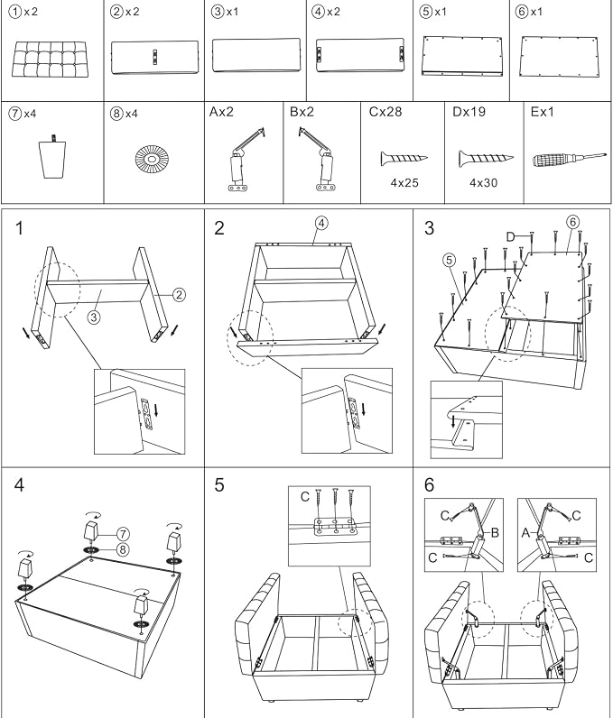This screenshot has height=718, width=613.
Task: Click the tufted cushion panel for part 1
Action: click(x=50, y=60)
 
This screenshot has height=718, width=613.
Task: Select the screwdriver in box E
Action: click(x=569, y=160)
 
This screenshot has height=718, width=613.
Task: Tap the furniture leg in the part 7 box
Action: click(x=52, y=156)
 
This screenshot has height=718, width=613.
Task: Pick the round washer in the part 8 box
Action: click(x=152, y=159)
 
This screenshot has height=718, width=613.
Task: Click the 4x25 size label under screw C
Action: click(x=404, y=183)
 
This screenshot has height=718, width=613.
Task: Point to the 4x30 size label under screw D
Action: click(x=483, y=183)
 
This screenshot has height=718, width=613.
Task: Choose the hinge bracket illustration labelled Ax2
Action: click(x=246, y=159)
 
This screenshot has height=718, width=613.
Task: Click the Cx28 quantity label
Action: click(x=385, y=112)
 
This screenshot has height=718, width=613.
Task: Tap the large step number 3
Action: click(x=430, y=227)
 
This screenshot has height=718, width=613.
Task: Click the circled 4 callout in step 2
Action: click(x=321, y=223)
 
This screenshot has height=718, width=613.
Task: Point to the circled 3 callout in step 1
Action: click(x=94, y=317)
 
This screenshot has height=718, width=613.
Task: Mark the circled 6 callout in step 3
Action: click(x=572, y=223)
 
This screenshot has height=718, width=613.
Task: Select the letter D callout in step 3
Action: click(x=511, y=236)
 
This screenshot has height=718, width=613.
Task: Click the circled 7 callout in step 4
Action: click(x=123, y=534)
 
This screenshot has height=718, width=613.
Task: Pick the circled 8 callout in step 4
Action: click(x=123, y=549)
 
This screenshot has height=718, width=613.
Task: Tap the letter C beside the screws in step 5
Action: click(x=305, y=496)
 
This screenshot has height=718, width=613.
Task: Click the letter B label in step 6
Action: click(x=495, y=532)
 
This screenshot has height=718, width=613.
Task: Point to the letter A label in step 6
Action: click(x=526, y=532)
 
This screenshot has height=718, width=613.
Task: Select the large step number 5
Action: click(x=219, y=485)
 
